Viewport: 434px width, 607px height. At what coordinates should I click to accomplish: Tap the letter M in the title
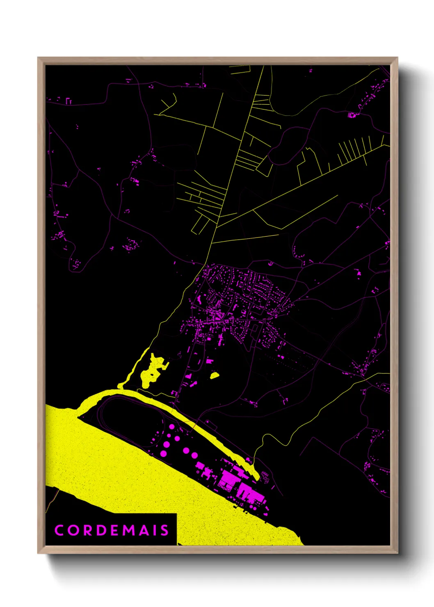coord(126,530)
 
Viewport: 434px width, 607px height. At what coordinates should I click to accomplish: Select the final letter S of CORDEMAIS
coord(164,530)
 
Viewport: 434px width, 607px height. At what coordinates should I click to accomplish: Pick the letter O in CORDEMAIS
coord(73,530)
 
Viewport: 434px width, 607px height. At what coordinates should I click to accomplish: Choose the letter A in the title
coord(142,530)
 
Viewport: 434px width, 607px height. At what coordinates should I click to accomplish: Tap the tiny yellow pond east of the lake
coord(214,375)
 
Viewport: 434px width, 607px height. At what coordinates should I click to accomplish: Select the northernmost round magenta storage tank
coord(171,427)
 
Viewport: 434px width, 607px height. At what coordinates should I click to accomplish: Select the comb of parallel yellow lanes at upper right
coord(353,152)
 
